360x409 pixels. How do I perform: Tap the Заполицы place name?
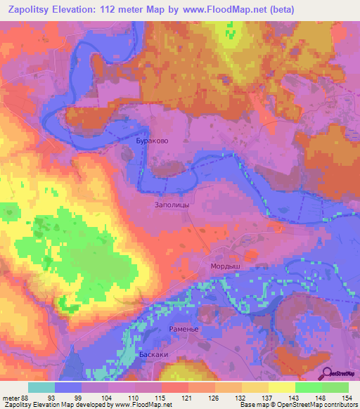coord(171,205)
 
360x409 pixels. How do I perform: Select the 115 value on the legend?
coord(161,396)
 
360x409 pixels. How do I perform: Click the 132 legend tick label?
coord(240,396)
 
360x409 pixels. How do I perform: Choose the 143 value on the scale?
coord(294,396)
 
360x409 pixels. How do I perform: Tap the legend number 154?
coord(347,396)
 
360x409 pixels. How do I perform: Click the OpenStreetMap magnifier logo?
coord(328,373)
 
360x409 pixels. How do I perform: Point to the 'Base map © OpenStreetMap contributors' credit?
coord(297,404)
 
